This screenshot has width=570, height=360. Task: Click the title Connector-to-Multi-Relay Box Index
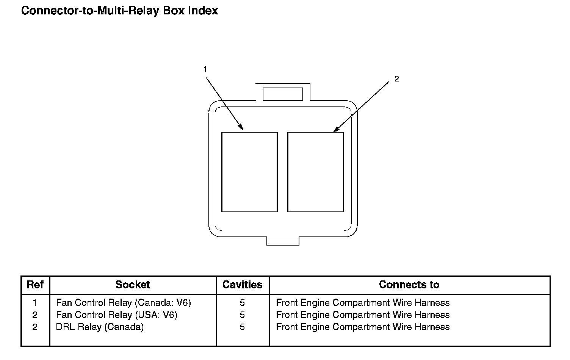coord(119,11)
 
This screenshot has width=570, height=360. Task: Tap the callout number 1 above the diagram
coord(205,69)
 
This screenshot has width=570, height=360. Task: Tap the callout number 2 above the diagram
coord(396,79)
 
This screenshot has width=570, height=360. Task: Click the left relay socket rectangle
coord(249,172)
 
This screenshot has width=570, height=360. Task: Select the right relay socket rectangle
coord(315,172)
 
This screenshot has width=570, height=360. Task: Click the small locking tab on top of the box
coord(283,94)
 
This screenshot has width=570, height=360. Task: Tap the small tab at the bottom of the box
coord(283,241)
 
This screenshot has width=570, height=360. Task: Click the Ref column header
coord(35,285)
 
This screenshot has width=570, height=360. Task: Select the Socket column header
coord(133,285)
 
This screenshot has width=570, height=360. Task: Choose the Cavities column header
coord(242,285)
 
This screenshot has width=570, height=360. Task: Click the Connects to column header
coord(409,285)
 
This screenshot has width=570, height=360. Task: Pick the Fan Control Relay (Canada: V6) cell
coord(124,303)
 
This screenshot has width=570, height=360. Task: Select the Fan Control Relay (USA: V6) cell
coord(117,315)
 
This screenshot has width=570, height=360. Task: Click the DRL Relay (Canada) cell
coord(100,327)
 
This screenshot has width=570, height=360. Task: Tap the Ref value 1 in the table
coord(35,303)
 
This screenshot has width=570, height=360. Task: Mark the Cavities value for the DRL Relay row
coord(242,327)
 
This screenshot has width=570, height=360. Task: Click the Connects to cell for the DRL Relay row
coord(363,327)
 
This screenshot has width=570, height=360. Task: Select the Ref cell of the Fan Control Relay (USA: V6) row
coord(35,315)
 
